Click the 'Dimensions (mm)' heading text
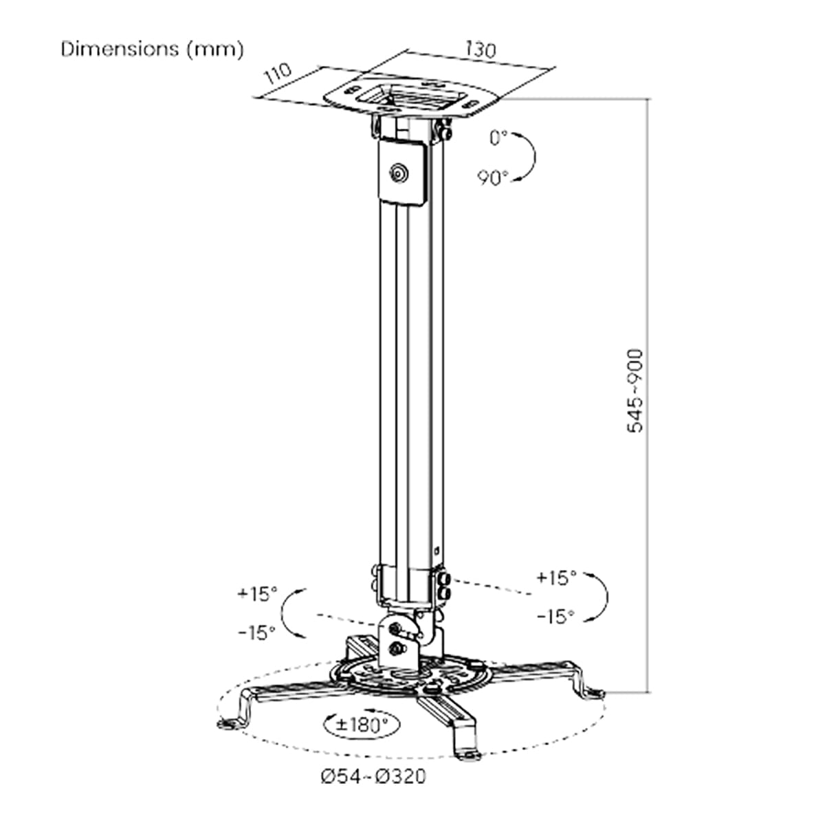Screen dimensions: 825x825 coord(153,49)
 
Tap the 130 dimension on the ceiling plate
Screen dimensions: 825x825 coord(481,50)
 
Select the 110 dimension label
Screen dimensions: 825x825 coord(278,74)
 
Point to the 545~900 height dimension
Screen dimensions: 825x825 coord(635,391)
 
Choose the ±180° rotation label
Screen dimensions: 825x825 coord(362,725)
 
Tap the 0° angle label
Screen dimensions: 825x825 coord(498,138)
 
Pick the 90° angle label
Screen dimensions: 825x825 coord(493,177)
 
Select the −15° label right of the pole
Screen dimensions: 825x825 coord(555,617)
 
